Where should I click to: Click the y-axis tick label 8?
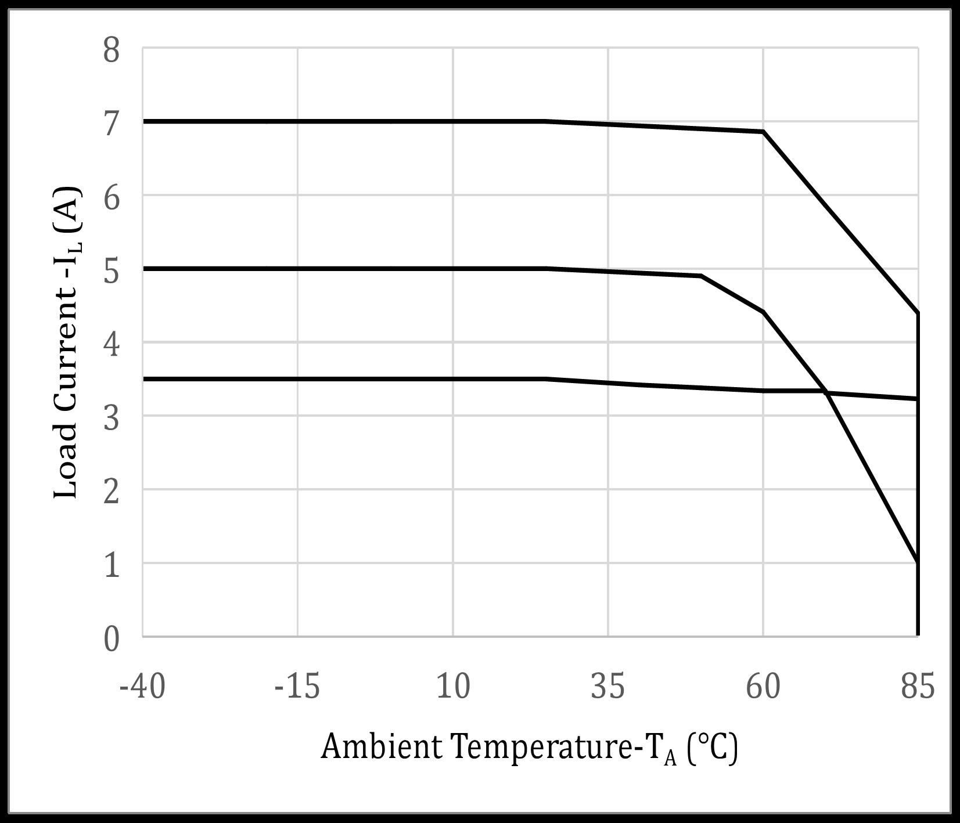point(112,50)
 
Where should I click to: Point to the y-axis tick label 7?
point(112,124)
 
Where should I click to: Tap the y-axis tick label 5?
point(112,271)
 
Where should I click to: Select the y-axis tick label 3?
point(112,418)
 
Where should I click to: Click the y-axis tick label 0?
point(112,639)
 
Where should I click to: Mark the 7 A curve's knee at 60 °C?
point(763,132)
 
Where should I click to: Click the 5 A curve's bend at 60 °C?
point(763,312)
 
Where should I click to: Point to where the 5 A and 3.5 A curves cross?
point(826,392)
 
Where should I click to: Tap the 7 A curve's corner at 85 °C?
point(918,313)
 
